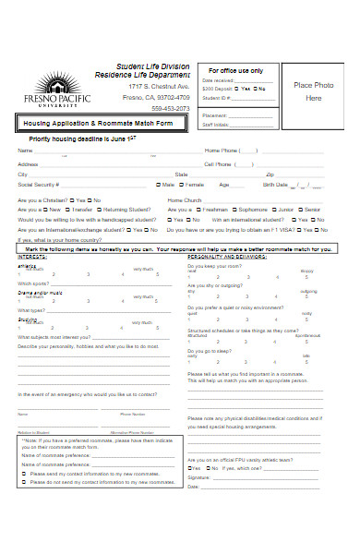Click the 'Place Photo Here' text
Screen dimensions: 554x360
click(314, 90)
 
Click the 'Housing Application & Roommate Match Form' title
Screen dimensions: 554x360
click(99, 123)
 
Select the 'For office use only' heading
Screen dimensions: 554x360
click(235, 70)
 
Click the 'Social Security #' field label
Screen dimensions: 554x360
click(40, 185)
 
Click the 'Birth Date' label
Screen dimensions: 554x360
click(276, 185)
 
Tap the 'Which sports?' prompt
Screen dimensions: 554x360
click(33, 283)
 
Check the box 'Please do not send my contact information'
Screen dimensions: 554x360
click(24, 482)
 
